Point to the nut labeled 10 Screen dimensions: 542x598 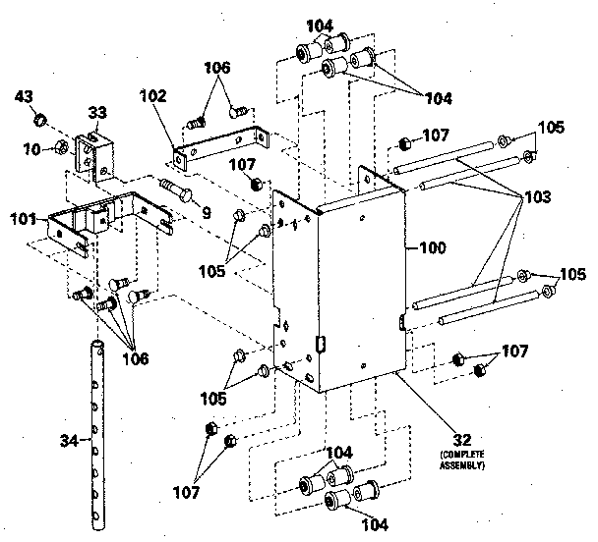click(60, 147)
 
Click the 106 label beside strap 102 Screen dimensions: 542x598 click(219, 68)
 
